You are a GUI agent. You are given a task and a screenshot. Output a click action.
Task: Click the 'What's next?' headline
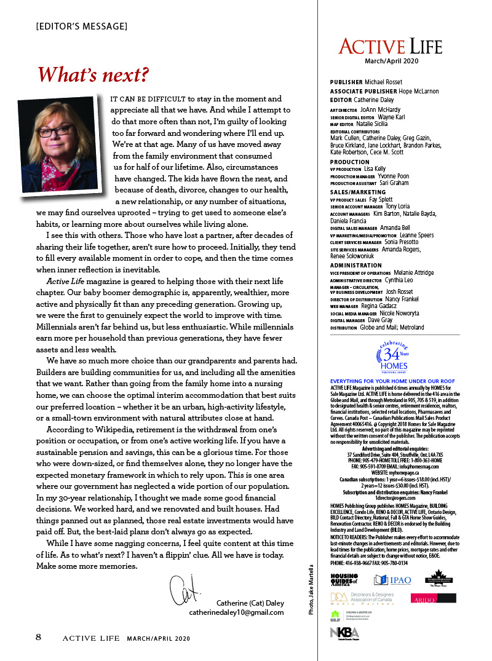click(93, 74)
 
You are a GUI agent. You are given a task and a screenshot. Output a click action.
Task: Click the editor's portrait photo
click(67, 145)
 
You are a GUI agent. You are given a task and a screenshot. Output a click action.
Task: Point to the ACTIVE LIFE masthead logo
click(390, 46)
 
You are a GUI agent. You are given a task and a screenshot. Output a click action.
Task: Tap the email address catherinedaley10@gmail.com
click(236, 612)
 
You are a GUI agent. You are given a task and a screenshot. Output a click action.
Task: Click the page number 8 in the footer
click(38, 637)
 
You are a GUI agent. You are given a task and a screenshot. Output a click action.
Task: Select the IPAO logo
click(393, 580)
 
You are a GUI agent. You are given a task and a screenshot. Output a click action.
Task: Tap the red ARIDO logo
click(434, 598)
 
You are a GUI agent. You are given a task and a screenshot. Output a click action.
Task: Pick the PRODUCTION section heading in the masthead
click(349, 162)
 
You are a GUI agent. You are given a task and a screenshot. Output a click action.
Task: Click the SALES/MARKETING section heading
click(358, 192)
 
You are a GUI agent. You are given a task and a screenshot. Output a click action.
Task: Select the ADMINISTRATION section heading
click(355, 266)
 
